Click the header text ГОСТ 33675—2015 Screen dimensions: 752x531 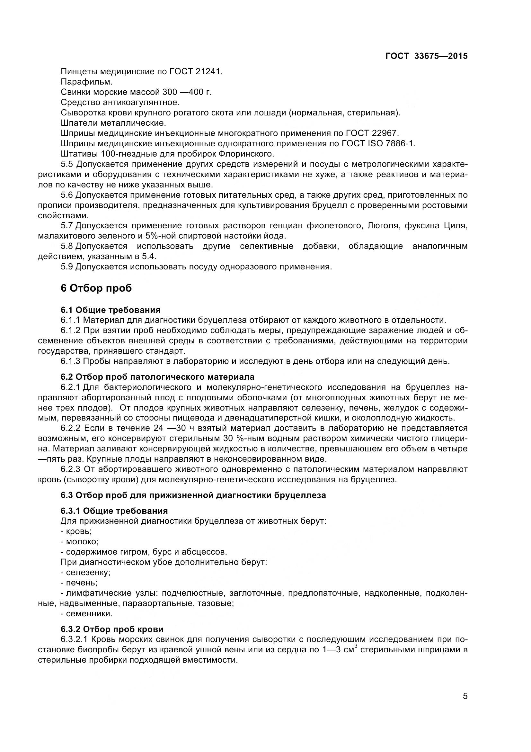[x=426, y=56]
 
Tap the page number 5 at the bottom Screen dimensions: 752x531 [x=465, y=705]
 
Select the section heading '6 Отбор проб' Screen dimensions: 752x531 [x=96, y=288]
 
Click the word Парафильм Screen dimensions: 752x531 [x=86, y=82]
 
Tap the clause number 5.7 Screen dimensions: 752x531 [x=67, y=226]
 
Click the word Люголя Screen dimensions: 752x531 [x=382, y=226]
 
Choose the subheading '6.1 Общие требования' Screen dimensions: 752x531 [x=110, y=310]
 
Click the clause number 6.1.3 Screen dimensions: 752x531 [x=70, y=361]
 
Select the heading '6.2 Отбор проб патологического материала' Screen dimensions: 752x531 [x=157, y=377]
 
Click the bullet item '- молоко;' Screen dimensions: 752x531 [x=79, y=541]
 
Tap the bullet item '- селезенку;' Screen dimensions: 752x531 [x=85, y=572]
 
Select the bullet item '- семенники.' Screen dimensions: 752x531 [x=86, y=613]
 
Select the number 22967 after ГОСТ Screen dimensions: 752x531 [x=385, y=133]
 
